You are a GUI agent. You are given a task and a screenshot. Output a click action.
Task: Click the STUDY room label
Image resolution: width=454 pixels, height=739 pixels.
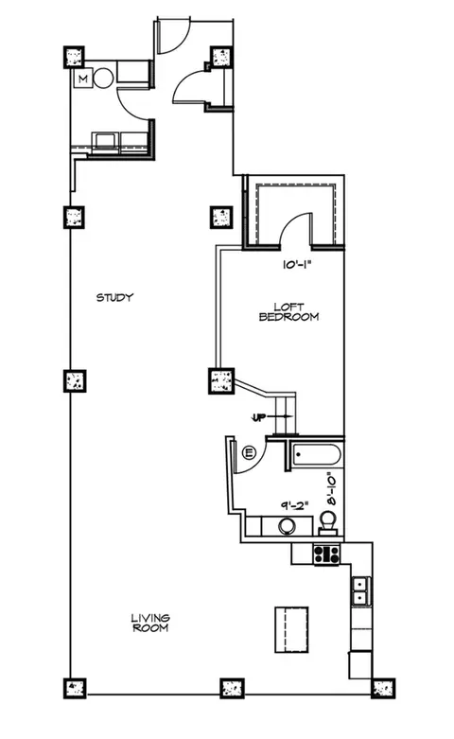[x=114, y=297]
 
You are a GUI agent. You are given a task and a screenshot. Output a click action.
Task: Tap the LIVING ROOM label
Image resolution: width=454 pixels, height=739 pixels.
[x=150, y=623]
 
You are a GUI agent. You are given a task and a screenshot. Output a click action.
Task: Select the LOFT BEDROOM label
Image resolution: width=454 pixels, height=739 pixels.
[x=288, y=312]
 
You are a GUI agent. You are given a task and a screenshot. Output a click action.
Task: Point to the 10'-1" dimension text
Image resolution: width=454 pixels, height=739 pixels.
[x=298, y=265]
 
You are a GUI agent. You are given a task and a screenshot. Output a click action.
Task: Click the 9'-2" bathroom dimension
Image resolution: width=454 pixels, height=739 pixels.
[x=295, y=505]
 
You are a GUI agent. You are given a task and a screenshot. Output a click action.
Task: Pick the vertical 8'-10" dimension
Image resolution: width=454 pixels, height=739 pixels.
[x=333, y=488]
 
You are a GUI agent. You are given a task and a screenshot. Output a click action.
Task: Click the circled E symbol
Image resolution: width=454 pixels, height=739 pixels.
[x=248, y=453]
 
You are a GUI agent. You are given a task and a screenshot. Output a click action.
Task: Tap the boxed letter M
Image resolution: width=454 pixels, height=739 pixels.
[x=83, y=79]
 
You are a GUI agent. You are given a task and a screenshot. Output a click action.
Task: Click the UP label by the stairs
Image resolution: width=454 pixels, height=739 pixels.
[x=258, y=417]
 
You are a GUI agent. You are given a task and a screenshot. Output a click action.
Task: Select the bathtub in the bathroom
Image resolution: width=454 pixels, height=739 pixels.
[x=317, y=455]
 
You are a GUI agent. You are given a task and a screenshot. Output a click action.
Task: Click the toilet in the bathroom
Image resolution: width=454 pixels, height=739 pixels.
[x=328, y=523]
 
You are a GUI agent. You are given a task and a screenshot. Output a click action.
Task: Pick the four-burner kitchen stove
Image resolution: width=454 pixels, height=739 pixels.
[x=327, y=554]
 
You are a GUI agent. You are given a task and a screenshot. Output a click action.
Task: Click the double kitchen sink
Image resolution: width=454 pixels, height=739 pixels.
[x=360, y=591]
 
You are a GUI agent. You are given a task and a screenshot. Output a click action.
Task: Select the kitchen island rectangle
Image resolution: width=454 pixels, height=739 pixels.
[x=291, y=629]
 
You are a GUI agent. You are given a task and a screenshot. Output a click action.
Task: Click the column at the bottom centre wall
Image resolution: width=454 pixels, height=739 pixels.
[x=232, y=688]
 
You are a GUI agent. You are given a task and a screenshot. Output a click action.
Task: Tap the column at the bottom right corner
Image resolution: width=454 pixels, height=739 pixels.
[x=383, y=688]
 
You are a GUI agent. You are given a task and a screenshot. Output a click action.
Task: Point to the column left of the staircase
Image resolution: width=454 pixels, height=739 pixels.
[x=221, y=380]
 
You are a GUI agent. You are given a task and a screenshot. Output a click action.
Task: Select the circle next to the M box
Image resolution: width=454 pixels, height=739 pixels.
[x=103, y=79]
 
